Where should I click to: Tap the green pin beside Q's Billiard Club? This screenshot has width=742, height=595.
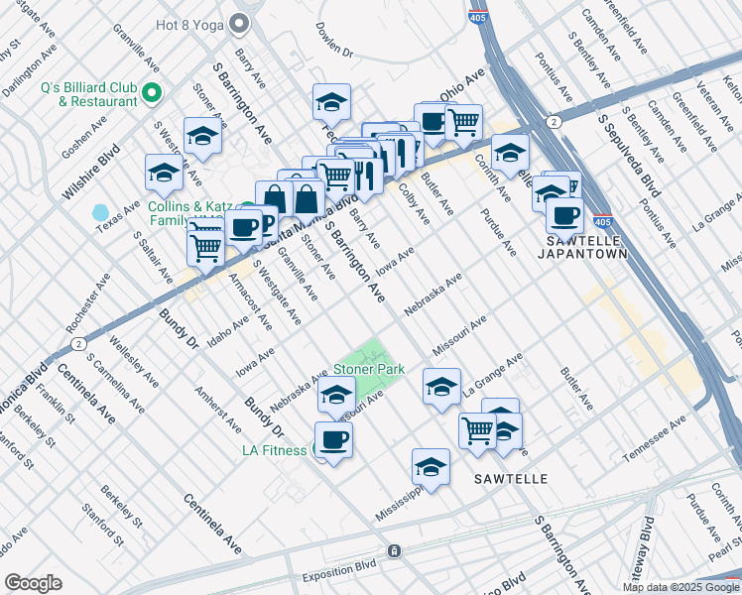[x=152, y=94]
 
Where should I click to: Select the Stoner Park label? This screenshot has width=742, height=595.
[x=368, y=369]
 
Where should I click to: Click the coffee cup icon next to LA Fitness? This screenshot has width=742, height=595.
[x=333, y=440]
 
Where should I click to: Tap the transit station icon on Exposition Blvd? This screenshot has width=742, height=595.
[x=394, y=550]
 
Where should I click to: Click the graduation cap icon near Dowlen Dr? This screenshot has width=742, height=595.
[x=332, y=101]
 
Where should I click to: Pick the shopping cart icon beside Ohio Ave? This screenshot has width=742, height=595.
[x=463, y=123]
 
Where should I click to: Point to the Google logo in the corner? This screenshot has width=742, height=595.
[x=33, y=582]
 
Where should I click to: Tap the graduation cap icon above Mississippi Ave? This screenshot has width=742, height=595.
[x=431, y=467]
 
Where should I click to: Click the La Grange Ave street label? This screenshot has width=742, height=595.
[x=492, y=375]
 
